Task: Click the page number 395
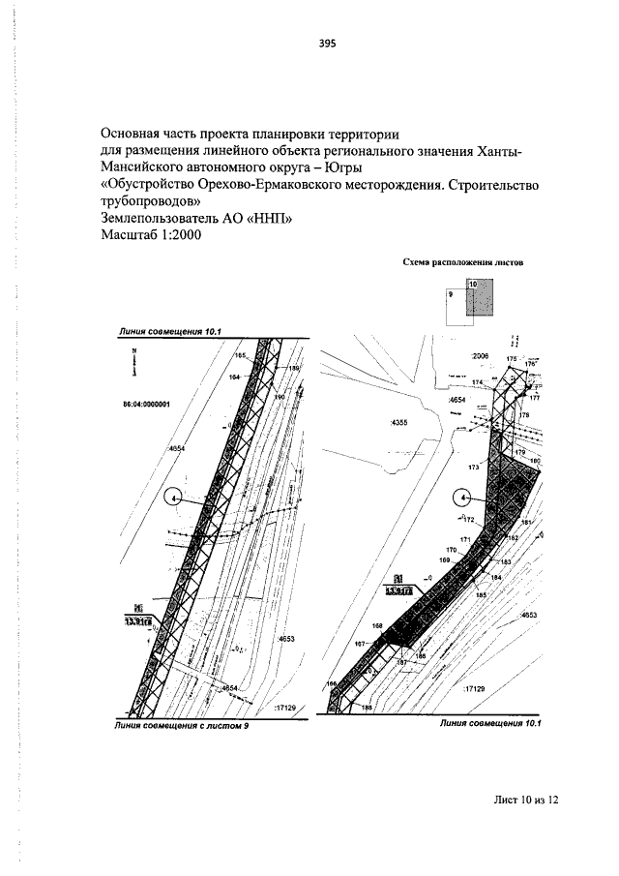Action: (x=326, y=44)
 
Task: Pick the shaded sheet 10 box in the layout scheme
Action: (x=481, y=297)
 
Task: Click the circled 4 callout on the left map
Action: (x=176, y=498)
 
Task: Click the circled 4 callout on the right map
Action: (x=465, y=498)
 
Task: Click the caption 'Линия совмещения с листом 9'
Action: (x=179, y=725)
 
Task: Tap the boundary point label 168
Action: (x=377, y=626)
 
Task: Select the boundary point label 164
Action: (x=233, y=377)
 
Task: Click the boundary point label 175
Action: (x=512, y=358)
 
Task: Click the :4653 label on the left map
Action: (x=287, y=640)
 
